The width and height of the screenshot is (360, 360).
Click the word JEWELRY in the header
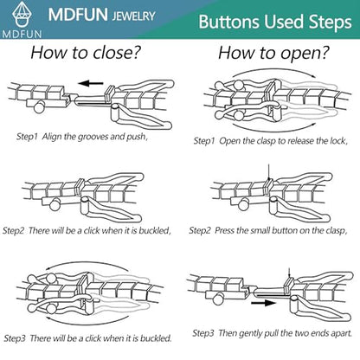coord(133,16)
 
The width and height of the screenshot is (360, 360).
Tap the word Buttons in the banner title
coord(228,22)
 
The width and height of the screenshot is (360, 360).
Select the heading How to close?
coord(86,53)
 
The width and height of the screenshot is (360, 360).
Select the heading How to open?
coord(273,53)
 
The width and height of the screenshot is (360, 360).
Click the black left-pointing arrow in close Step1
coord(91,84)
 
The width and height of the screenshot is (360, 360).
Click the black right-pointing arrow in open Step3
coord(264,303)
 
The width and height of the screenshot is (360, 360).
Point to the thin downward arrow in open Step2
coord(268,172)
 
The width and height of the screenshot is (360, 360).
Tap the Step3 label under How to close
coord(15,338)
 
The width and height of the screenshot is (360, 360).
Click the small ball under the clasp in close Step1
coord(39,107)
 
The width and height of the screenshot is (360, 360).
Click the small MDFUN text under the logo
coord(22,34)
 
